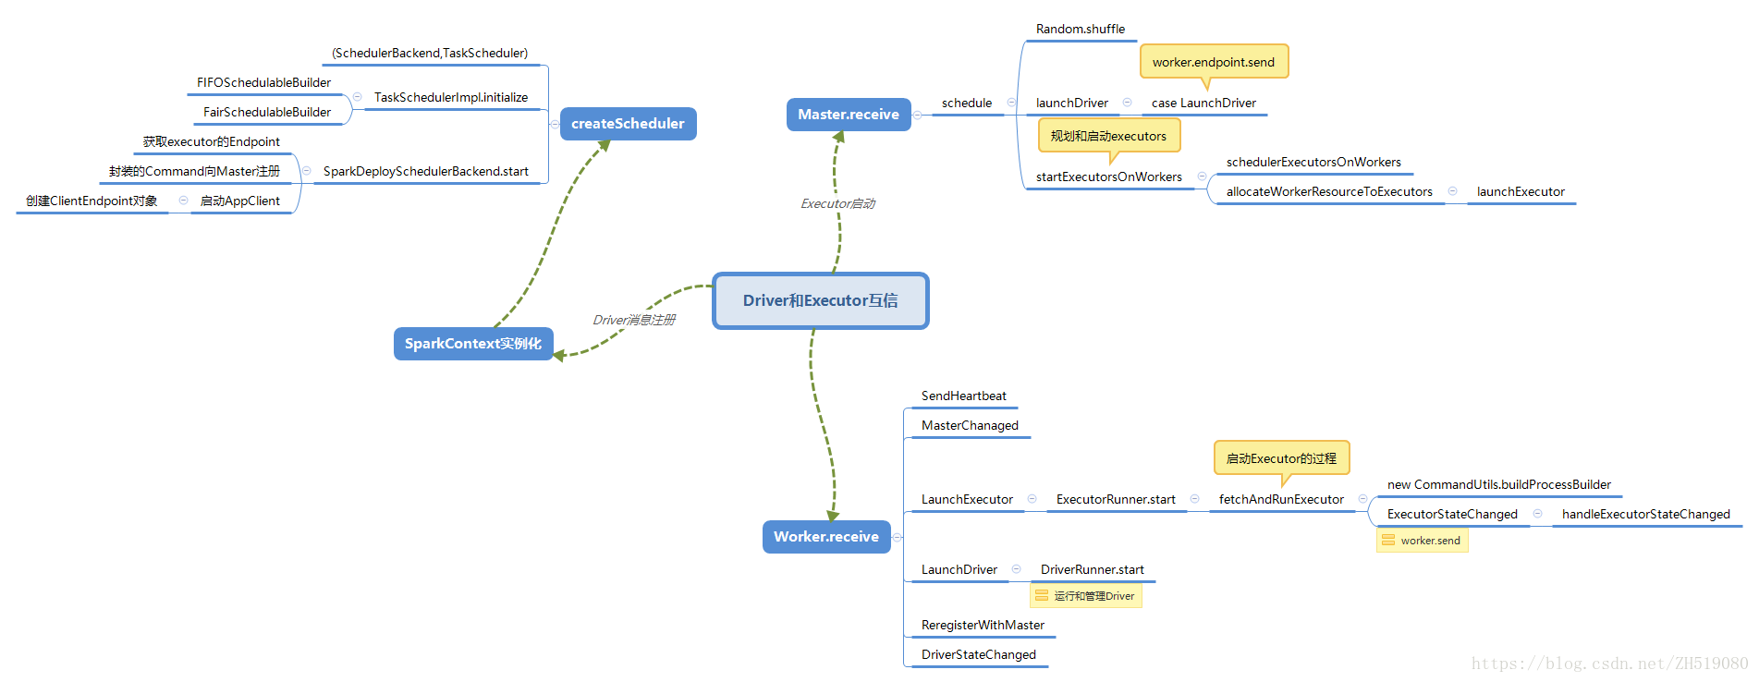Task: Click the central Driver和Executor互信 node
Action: click(820, 300)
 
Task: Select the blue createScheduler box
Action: click(628, 124)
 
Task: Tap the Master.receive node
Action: click(848, 115)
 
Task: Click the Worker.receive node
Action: click(825, 537)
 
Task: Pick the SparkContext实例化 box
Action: click(472, 344)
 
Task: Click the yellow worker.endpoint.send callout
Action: click(1213, 62)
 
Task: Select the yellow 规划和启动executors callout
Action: click(1108, 136)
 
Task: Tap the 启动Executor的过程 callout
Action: click(1281, 458)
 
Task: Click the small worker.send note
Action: click(1423, 541)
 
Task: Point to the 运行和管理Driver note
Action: click(1086, 596)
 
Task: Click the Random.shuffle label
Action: click(1080, 29)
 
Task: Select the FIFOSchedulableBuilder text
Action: click(263, 82)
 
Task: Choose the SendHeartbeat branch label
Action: click(963, 396)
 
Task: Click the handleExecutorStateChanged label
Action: click(1645, 514)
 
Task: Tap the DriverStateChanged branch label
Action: click(978, 654)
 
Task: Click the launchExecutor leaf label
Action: click(1520, 191)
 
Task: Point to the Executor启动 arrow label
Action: click(837, 203)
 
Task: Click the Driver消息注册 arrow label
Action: click(633, 320)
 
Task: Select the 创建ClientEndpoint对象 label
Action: click(92, 201)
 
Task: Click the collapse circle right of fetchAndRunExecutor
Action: click(1362, 499)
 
